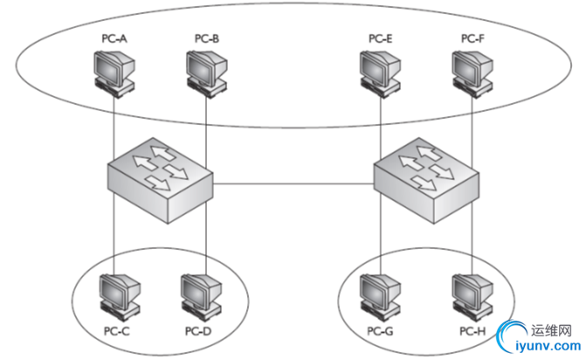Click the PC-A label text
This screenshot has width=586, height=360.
114,38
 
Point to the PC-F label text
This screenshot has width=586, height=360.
472,38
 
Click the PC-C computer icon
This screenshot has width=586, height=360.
116,296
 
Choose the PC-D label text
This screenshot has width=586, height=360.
198,332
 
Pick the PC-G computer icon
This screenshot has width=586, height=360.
381,296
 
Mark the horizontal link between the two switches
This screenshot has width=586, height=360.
293,183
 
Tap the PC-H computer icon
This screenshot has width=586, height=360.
472,296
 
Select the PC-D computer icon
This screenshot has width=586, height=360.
200,296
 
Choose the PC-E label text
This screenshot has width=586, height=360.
380,38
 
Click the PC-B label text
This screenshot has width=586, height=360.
207,38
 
